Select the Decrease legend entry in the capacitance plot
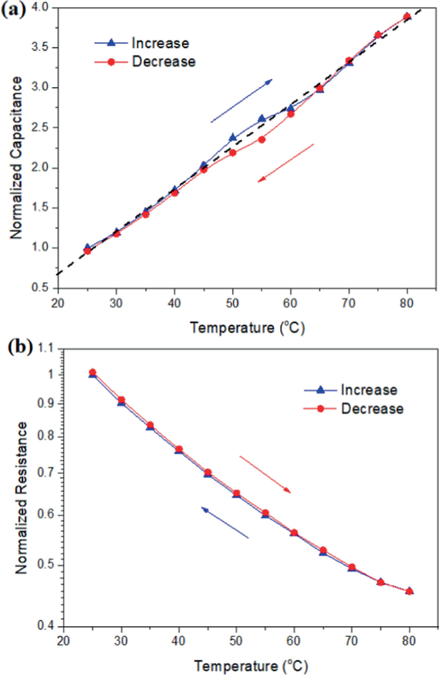click(147, 62)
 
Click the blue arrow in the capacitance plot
click(242, 101)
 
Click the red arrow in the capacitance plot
click(286, 163)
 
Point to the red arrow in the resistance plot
click(265, 474)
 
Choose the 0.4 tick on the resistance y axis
click(44, 626)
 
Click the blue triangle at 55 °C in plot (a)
click(261, 119)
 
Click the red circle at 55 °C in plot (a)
click(261, 139)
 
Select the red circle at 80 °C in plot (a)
click(407, 17)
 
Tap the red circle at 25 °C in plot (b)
click(92, 372)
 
